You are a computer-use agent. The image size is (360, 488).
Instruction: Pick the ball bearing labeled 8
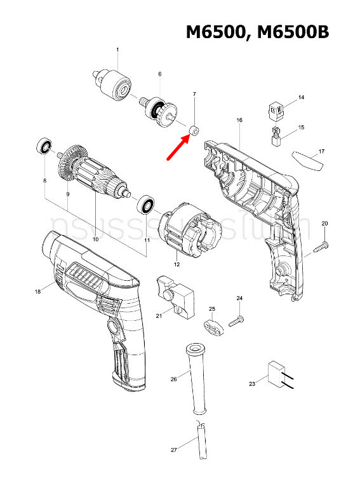coord(44,146)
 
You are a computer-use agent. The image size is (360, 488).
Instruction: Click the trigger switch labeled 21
coord(175,296)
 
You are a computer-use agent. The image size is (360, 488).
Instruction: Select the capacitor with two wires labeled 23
coord(274,373)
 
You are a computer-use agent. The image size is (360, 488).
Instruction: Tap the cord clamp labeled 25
coord(214,326)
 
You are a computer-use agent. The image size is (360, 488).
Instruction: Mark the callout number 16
coord(239,119)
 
